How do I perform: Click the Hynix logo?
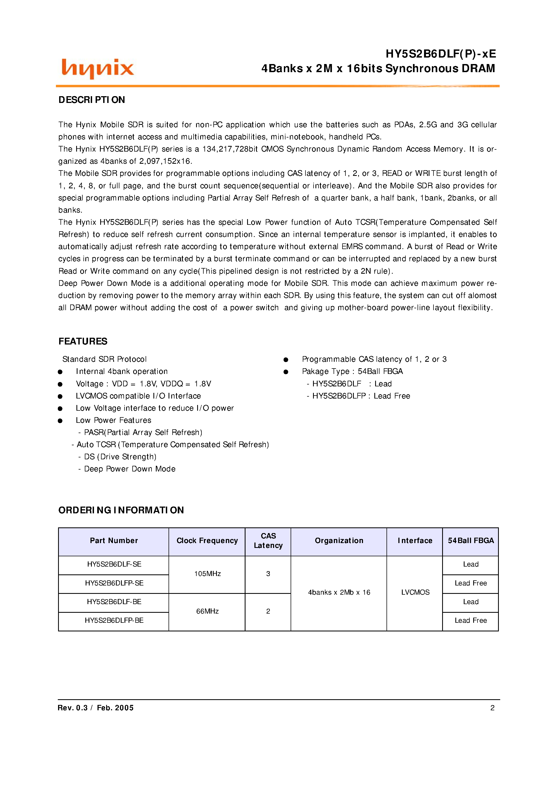(97, 68)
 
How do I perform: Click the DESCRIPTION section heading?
(92, 100)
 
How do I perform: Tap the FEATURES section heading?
(83, 341)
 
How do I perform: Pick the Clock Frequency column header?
(207, 541)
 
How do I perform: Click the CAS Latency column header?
(268, 541)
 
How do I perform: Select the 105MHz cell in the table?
(207, 574)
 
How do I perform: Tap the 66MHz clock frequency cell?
(207, 611)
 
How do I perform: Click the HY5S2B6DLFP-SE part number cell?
(114, 583)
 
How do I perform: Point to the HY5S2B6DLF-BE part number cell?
(114, 602)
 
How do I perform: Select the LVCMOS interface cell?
(415, 592)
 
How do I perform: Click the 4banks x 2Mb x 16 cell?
(339, 592)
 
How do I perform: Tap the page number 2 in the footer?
(492, 708)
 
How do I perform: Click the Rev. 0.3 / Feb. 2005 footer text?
(96, 708)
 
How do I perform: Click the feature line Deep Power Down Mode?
(130, 469)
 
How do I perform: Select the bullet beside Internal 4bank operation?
(60, 372)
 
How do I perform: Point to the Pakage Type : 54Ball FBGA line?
(352, 371)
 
